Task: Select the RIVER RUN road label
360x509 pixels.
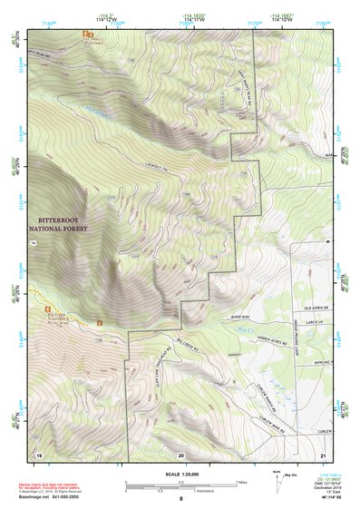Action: [x=238, y=317]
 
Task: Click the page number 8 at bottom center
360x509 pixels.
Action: [x=180, y=499]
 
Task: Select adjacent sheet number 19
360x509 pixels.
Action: [x=39, y=453]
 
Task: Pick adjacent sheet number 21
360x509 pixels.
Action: [x=323, y=453]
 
